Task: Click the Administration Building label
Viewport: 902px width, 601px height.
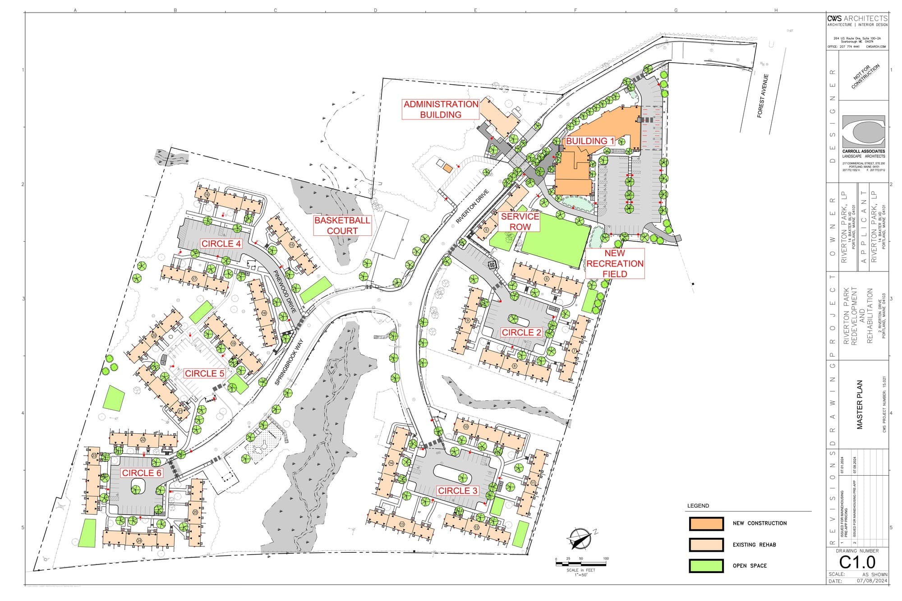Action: point(441,110)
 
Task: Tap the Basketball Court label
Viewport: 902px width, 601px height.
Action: point(342,225)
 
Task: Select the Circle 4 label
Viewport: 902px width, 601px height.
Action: point(221,244)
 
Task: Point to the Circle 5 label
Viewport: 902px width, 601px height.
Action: point(204,373)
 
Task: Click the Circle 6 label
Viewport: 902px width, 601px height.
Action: point(142,473)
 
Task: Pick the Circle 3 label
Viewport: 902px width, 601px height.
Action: point(457,491)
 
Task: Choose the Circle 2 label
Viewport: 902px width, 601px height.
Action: point(521,332)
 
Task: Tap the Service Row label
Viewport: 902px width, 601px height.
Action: point(520,221)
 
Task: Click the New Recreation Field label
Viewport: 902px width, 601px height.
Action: point(615,263)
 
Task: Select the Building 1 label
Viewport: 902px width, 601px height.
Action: point(590,141)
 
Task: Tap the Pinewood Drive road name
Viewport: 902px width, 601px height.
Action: point(285,291)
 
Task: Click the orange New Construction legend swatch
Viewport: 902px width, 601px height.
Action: point(706,523)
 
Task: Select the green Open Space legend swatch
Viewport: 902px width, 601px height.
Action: point(706,566)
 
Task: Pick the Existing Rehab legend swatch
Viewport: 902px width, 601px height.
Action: point(706,545)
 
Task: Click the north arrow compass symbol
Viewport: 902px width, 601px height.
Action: point(581,539)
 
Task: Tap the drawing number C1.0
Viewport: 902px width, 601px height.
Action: point(857,562)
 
